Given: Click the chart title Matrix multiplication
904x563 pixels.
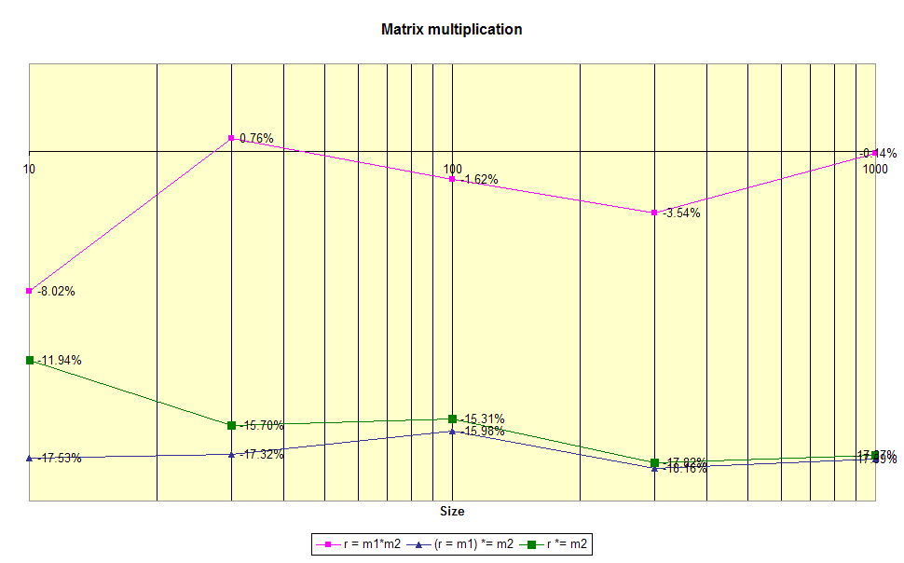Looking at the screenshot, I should pos(452,29).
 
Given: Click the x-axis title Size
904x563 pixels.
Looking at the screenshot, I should pos(452,511).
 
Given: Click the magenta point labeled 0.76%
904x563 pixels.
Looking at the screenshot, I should pos(231,138).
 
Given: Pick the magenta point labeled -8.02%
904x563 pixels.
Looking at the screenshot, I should pos(30,291).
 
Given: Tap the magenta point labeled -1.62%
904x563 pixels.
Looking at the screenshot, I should pos(452,179).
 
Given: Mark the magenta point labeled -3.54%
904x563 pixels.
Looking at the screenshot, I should pos(655,213).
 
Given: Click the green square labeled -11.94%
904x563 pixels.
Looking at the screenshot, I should pos(30,360).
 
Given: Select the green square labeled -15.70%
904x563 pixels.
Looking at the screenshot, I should pos(231,425).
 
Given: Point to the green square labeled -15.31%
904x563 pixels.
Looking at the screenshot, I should pos(452,419).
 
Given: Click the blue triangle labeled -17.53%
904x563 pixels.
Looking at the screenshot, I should pos(30,458).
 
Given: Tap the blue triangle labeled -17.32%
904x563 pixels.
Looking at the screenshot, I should pos(231,454).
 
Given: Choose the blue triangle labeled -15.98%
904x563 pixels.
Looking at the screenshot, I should pos(452,431).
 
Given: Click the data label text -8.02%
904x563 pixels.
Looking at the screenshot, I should pos(57,291).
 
